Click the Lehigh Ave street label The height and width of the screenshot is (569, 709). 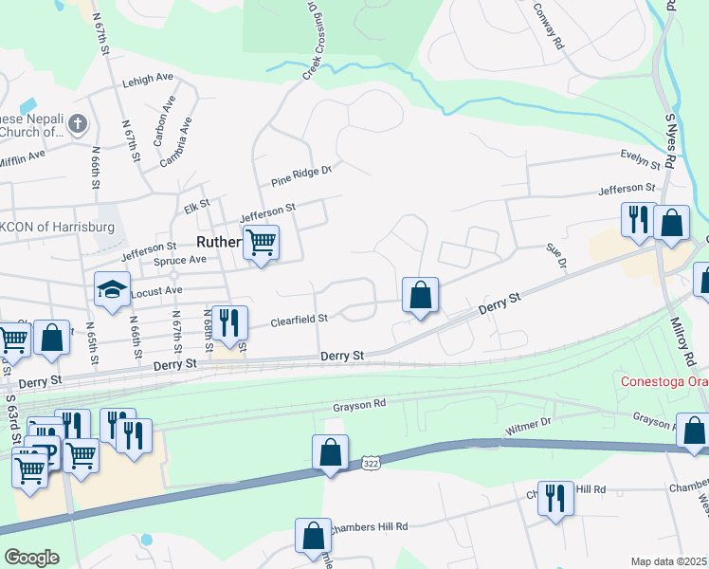tap(147, 80)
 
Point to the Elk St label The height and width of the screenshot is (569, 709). tap(196, 204)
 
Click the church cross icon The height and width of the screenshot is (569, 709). tap(78, 123)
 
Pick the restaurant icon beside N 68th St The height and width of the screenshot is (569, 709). tap(229, 321)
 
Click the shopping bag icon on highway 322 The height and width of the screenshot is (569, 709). tap(330, 451)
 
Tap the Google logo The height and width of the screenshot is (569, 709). tap(31, 558)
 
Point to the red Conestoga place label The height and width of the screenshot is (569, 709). tap(664, 383)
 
